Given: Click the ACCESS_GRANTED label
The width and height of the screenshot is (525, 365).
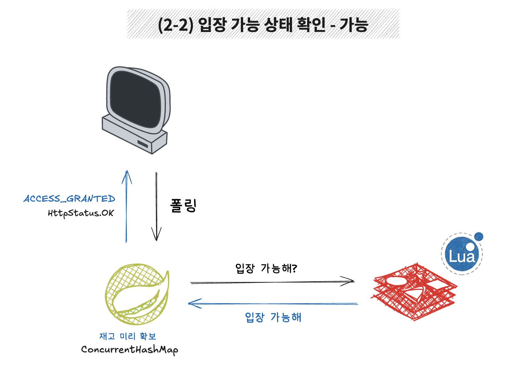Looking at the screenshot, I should [69, 199].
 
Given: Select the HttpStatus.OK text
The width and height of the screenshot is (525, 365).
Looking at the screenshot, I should [81, 213].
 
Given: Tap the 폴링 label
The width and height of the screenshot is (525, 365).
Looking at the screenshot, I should [183, 206].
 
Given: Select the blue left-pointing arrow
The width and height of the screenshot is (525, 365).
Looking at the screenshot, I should [273, 304].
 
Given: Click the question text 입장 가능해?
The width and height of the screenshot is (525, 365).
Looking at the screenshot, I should [266, 268].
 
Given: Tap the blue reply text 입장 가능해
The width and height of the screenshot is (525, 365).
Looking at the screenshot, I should [273, 317].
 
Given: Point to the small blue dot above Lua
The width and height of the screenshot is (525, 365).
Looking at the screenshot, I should [479, 237].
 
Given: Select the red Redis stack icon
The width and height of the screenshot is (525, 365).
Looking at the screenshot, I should [414, 292].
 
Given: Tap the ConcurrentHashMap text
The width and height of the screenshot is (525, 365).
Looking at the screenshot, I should [130, 350].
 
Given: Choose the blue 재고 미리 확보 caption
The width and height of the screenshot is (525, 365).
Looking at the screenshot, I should [128, 336].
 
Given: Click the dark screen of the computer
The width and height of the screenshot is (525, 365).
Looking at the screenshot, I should [135, 98].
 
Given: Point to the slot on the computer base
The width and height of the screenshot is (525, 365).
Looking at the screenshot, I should [143, 144].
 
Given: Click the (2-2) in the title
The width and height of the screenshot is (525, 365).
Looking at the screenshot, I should [175, 25].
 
